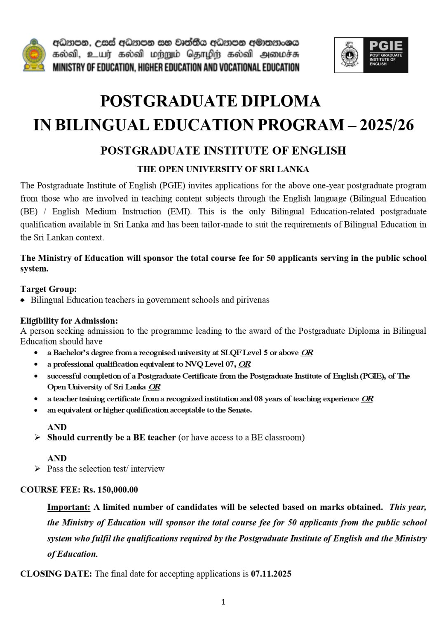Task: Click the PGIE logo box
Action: pos(371,55)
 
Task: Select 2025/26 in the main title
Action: pos(386,125)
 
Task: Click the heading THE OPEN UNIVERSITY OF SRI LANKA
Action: pos(223,169)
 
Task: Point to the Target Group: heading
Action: pos(49,289)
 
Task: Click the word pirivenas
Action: pos(253,300)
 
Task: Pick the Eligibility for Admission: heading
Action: pos(69,321)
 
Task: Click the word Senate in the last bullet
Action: pos(239,410)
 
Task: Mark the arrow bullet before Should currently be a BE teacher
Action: pos(38,438)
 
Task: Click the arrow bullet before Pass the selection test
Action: pos(38,469)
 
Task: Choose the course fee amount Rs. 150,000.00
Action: pos(110,490)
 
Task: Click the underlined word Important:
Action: pos(68,507)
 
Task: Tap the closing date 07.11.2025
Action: pos(271,574)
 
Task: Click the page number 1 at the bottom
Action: pos(223,603)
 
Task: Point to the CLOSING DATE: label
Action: pos(56,574)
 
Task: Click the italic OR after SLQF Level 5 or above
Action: pos(307,353)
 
